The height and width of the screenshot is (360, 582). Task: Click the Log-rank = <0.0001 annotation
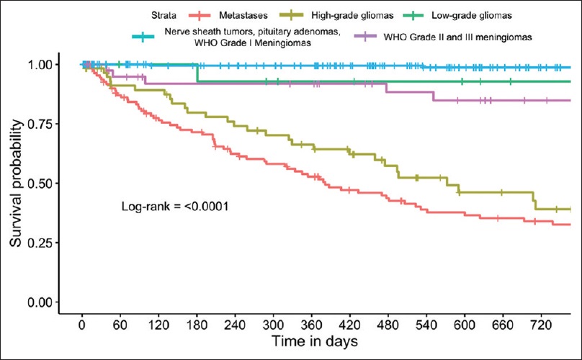click(x=174, y=207)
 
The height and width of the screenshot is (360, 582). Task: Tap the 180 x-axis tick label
click(x=197, y=321)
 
